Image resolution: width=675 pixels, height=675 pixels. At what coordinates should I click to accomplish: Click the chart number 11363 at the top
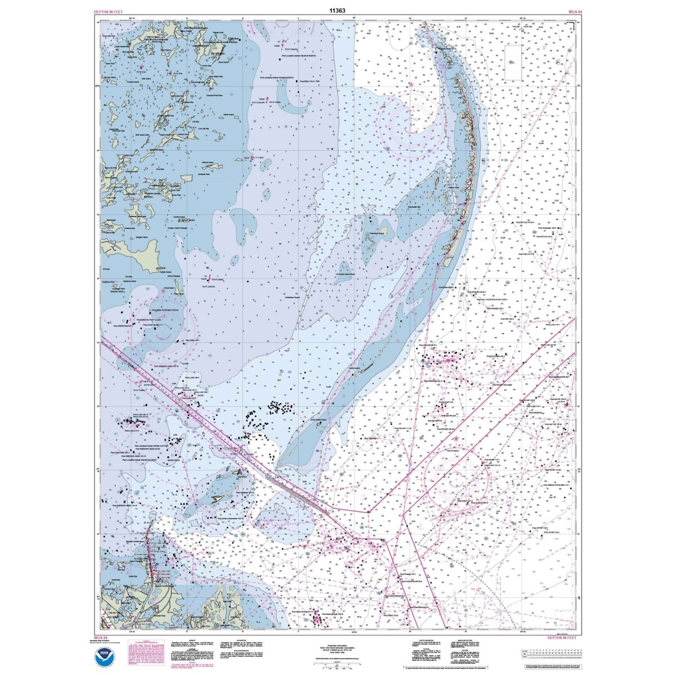point(337,10)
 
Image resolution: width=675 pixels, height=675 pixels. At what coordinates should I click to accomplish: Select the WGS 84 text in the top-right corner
point(566,11)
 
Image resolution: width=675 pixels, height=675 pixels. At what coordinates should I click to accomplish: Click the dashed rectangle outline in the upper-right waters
point(512,62)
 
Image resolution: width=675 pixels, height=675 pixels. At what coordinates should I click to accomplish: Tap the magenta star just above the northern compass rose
point(411,84)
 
